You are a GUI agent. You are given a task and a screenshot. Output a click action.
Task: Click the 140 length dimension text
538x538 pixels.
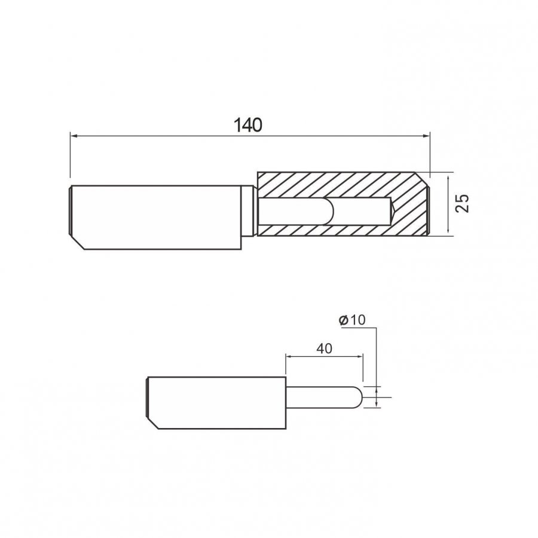click(x=247, y=125)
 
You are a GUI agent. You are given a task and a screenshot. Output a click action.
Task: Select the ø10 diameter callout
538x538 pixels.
click(x=352, y=320)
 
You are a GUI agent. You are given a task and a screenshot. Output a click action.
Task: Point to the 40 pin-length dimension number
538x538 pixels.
click(x=324, y=349)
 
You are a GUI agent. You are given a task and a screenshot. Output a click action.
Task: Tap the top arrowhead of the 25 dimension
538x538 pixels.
click(x=448, y=180)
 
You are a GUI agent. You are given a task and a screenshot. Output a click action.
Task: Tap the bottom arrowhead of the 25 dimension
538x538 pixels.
click(x=448, y=230)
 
